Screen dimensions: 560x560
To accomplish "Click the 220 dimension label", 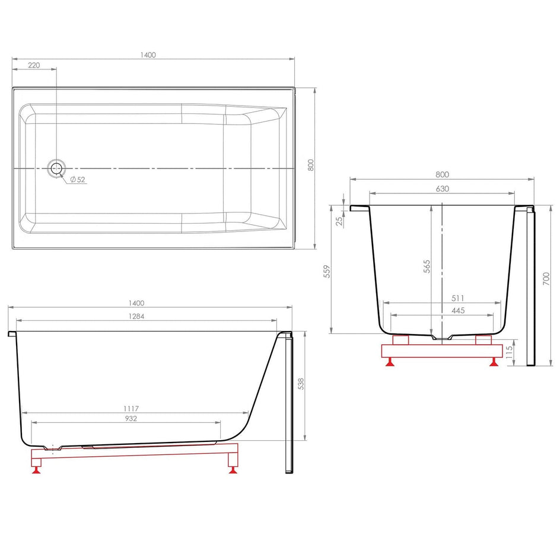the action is (34, 65).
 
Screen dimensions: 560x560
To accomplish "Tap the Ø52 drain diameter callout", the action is (78, 179).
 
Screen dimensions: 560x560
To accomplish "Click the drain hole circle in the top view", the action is (56, 168).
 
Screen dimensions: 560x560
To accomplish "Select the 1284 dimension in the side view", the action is (136, 316).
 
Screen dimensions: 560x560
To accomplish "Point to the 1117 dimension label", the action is (131, 408).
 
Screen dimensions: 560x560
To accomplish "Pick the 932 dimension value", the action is (131, 418).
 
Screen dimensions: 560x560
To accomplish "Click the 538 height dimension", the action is (301, 384).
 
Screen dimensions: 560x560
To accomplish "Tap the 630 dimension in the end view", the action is (442, 189).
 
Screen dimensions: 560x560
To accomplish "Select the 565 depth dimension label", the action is (427, 266).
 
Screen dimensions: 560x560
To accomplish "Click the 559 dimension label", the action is (327, 272).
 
